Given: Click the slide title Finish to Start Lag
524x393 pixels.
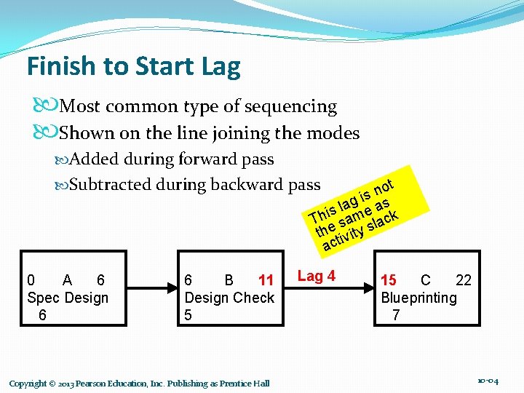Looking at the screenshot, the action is coord(133,67).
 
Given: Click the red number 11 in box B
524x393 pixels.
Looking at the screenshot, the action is coord(266,281).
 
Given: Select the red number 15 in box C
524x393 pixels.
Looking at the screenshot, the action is coord(389,281).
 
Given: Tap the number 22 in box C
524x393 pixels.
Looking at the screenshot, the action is coord(463,281).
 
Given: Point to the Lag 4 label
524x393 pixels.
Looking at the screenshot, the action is coord(317,276).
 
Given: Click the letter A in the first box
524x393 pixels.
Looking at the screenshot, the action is coord(67,281).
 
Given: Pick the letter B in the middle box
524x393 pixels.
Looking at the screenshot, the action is coord(229,281).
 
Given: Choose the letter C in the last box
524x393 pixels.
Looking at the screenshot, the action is coord(426,281).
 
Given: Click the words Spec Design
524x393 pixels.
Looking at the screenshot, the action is coord(67,298).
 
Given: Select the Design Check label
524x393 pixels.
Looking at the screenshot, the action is coord(229,298).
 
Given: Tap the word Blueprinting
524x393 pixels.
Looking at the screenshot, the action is coord(419,298).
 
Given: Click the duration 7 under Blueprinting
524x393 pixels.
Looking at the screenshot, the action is coord(395,314).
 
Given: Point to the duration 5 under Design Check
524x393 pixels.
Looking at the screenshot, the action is coord(188,314).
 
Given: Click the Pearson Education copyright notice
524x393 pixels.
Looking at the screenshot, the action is coord(139,384).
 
